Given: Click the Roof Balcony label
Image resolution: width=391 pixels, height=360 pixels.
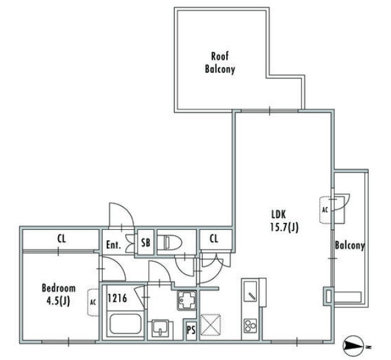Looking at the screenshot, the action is pyautogui.click(x=220, y=62).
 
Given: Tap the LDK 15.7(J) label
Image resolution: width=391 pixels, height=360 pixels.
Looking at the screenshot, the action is pyautogui.click(x=284, y=221).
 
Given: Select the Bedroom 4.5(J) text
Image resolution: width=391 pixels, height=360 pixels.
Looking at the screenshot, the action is pyautogui.click(x=59, y=295).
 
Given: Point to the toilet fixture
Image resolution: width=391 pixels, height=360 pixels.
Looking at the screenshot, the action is pyautogui.click(x=173, y=242).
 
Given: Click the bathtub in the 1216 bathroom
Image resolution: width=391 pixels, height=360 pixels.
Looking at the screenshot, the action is pyautogui.click(x=125, y=324).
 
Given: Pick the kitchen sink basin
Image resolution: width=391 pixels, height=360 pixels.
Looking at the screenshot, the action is pyautogui.click(x=251, y=291).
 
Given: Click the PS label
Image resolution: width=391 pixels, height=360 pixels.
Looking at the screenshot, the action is pyautogui.click(x=191, y=330).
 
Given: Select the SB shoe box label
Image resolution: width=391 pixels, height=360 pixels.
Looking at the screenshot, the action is pyautogui.click(x=146, y=242).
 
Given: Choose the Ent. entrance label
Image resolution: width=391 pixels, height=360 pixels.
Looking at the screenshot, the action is pyautogui.click(x=114, y=245).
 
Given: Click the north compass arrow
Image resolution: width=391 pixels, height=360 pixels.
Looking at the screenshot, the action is pyautogui.click(x=353, y=346).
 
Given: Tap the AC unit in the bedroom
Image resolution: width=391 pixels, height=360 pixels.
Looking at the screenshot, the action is pyautogui.click(x=93, y=303).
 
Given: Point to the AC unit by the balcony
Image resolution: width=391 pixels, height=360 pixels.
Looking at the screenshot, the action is pyautogui.click(x=325, y=210).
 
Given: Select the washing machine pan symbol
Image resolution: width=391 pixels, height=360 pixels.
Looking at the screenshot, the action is pyautogui.click(x=187, y=301).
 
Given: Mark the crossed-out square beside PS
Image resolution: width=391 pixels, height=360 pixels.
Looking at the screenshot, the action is pyautogui.click(x=211, y=324).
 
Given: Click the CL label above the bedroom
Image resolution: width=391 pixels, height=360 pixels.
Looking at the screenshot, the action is pyautogui.click(x=61, y=239).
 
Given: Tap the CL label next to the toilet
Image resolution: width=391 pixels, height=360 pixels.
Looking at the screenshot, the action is pyautogui.click(x=214, y=238).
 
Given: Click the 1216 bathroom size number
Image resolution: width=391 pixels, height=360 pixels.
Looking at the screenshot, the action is pyautogui.click(x=117, y=298).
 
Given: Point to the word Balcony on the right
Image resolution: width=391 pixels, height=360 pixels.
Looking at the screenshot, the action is pyautogui.click(x=350, y=246).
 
